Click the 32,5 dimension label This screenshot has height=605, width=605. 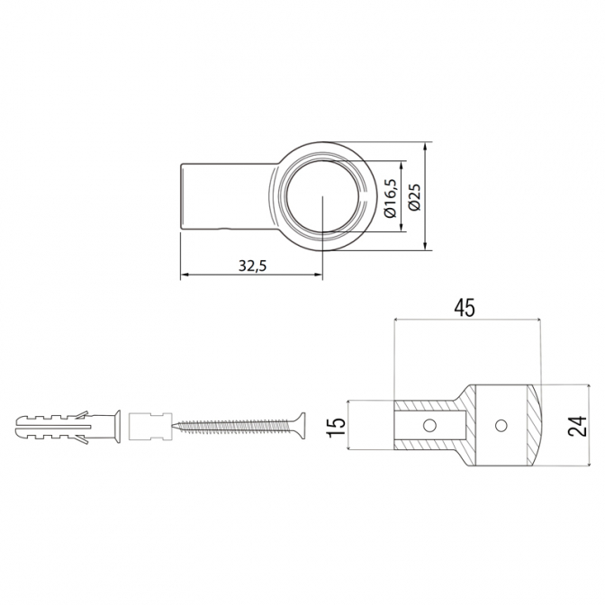[253, 266]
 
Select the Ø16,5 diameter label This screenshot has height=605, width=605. [391, 197]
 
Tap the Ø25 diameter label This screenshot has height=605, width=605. [415, 197]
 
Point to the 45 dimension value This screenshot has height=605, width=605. [465, 308]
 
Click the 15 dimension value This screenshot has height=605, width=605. [336, 427]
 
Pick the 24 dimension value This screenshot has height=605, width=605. [577, 426]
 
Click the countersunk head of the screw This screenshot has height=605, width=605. [299, 425]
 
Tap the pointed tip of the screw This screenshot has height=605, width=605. [173, 426]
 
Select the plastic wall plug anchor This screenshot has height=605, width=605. [68, 426]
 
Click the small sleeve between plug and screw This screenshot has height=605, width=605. [149, 427]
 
